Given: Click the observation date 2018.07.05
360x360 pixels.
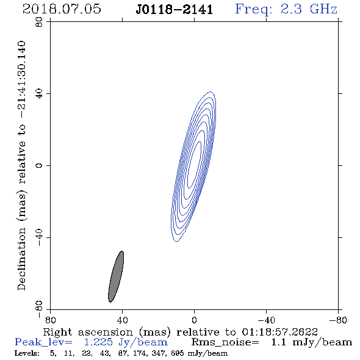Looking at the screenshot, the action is coord(62,9).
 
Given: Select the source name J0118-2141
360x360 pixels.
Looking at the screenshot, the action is coord(175,9).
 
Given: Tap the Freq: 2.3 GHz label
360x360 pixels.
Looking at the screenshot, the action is coord(286,9).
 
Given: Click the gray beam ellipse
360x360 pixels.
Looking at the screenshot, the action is coord(116,276).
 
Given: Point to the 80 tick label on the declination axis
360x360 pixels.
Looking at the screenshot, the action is coord(39,22).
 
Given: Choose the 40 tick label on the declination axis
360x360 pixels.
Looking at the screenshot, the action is coord(39,94).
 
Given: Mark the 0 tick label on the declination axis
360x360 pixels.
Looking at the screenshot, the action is coord(39,165).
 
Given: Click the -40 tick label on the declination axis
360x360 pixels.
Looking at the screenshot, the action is coord(39,237).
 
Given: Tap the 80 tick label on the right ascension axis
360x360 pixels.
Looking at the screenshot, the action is coord(50,320).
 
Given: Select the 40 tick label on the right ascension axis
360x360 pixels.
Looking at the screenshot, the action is coord(122,320).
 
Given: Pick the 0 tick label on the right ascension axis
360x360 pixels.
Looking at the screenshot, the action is coord(194,320).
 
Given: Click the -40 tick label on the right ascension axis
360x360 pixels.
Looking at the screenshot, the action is coord(266,320).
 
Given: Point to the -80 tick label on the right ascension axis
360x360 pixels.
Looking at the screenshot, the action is coord(338,320).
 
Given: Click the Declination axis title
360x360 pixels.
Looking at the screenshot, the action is coord(21,165).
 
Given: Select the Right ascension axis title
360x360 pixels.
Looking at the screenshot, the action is coord(181,332).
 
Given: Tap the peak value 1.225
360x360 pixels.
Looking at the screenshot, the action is coord(98,342).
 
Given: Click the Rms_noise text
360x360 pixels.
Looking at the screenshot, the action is coord(225,342).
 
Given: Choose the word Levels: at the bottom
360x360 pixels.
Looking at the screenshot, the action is coord(27,353).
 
